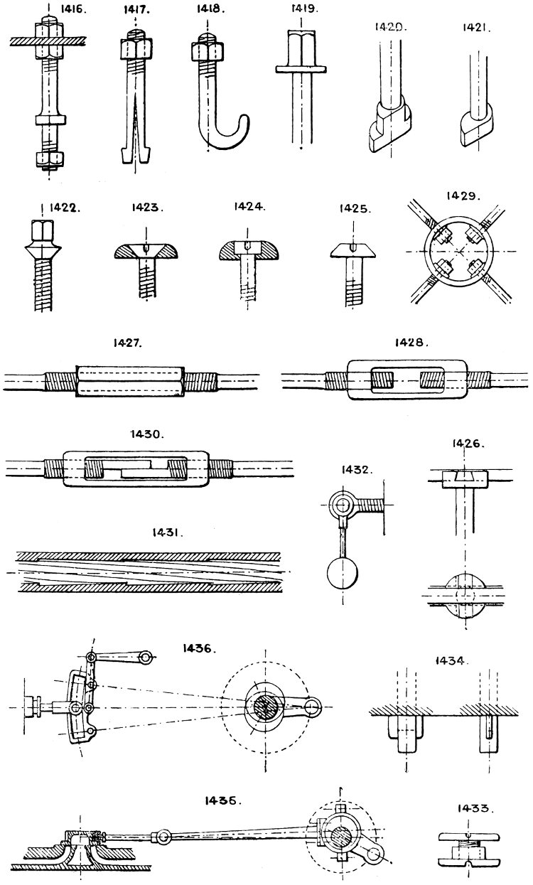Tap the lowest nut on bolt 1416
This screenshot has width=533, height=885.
click(x=48, y=159)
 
